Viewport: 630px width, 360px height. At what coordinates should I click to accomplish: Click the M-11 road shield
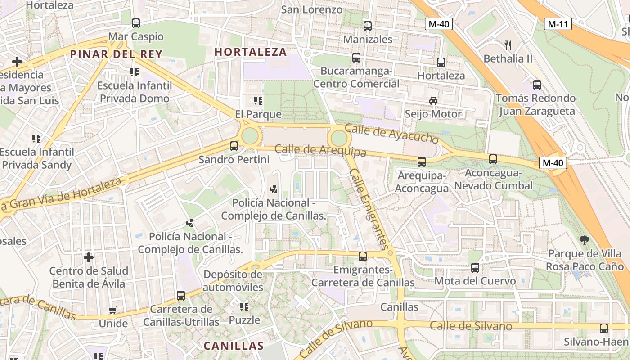click(558, 24)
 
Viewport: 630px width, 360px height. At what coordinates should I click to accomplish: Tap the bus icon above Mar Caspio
click(136, 23)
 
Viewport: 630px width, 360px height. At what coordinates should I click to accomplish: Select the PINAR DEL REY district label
click(116, 54)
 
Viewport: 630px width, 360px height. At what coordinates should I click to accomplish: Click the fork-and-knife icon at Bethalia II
click(508, 45)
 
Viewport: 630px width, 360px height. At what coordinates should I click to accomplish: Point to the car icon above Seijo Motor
click(433, 101)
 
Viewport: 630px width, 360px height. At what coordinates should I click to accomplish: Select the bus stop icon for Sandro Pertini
click(234, 146)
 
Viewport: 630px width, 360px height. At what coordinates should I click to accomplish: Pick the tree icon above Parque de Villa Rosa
click(585, 240)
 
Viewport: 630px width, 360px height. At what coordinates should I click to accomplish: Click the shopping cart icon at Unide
click(113, 310)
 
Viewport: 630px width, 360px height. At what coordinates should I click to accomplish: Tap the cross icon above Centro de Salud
click(89, 257)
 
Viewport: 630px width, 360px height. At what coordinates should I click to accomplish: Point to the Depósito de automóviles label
click(233, 281)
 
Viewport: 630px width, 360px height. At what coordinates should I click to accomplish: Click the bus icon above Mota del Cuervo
click(475, 268)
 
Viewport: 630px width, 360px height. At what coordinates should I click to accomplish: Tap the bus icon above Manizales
click(368, 26)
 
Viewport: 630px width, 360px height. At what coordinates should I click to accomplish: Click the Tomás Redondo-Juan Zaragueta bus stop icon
click(537, 85)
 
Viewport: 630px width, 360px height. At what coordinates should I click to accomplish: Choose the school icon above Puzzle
click(244, 307)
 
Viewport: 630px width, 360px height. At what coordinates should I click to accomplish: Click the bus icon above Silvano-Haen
click(604, 328)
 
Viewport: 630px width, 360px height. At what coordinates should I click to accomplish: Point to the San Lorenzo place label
click(312, 9)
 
